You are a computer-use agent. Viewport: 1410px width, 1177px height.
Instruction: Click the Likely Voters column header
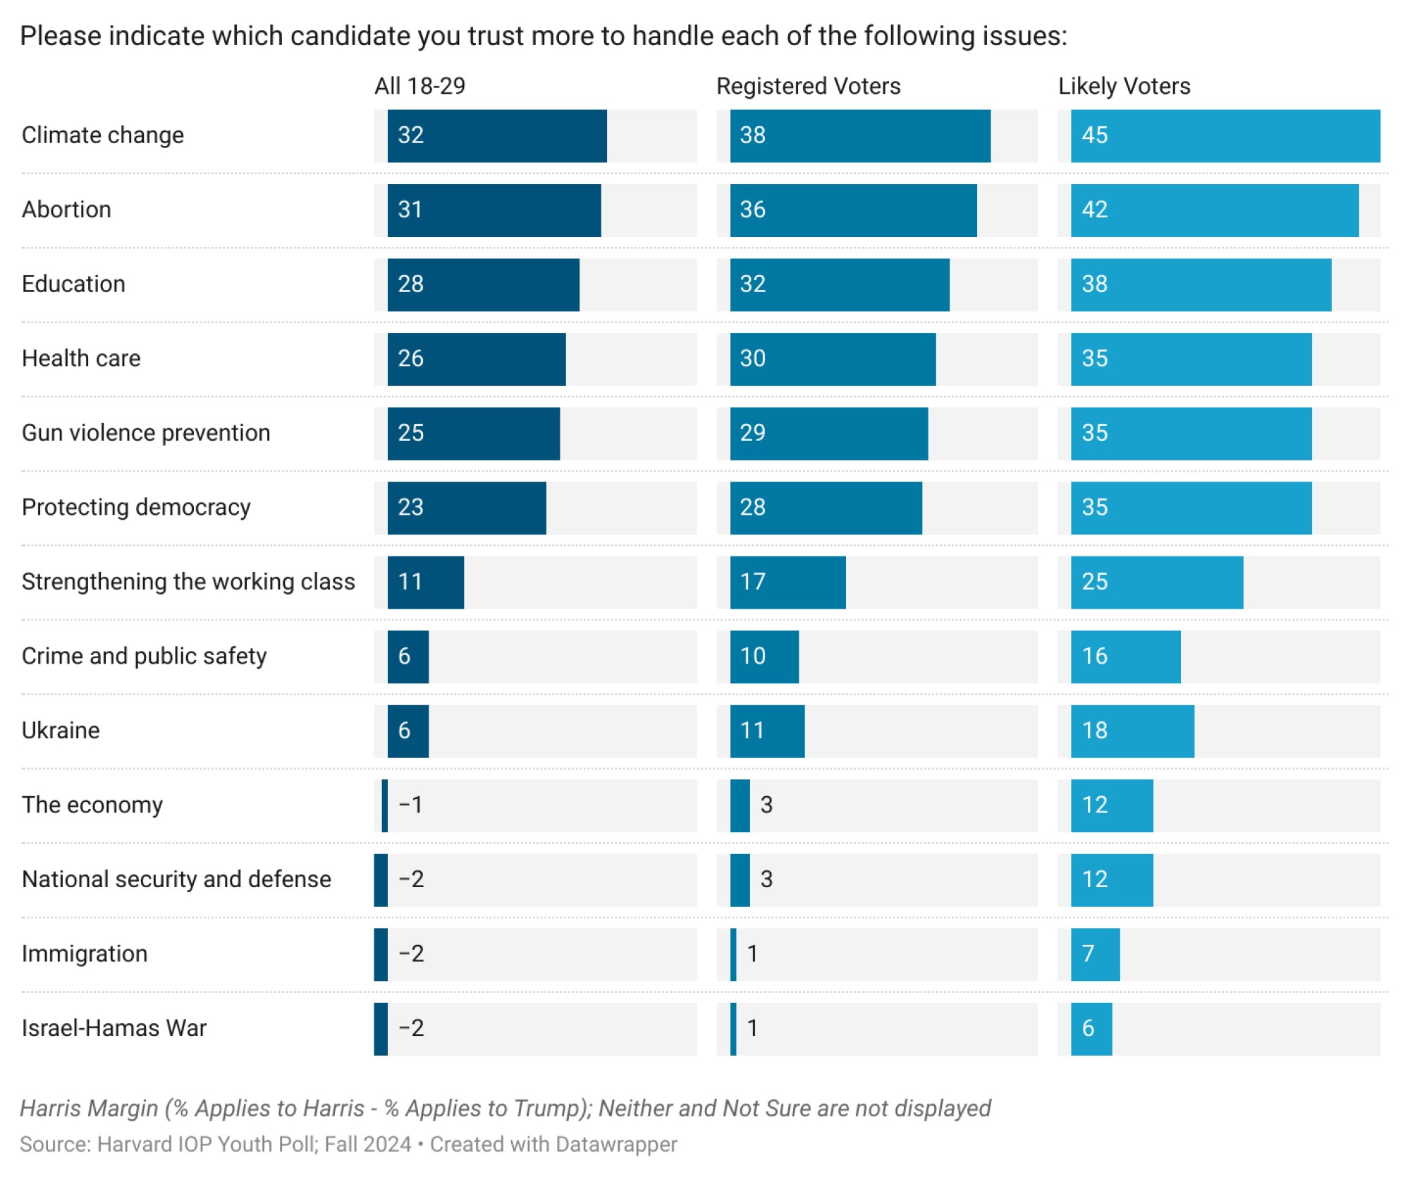point(1124,86)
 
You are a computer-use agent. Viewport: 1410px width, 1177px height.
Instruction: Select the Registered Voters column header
point(808,86)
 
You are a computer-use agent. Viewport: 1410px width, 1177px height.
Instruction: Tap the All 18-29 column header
point(419,86)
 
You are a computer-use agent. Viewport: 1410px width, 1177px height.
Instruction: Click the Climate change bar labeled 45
point(1225,135)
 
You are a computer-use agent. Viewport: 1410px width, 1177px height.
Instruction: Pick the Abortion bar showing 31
point(493,210)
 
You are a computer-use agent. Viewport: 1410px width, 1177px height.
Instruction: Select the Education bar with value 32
point(839,284)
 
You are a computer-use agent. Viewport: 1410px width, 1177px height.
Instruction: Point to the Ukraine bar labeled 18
point(1132,731)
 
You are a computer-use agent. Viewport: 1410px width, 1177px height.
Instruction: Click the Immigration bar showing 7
point(1095,954)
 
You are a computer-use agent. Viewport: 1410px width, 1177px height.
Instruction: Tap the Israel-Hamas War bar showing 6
point(1091,1028)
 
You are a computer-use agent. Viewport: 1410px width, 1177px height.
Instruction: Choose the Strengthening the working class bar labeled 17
point(787,582)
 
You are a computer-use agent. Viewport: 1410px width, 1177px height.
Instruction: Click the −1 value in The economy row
point(410,805)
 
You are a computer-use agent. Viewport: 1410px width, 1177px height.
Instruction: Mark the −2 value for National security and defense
point(411,879)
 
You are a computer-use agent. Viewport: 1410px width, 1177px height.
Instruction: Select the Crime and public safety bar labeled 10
point(764,657)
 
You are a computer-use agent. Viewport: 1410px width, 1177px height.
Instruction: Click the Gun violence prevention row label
point(146,433)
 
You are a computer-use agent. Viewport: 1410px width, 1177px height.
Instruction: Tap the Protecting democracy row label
point(136,507)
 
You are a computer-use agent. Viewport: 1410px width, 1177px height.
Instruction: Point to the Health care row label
point(81,358)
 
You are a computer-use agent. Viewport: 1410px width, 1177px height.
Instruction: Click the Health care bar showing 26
point(476,358)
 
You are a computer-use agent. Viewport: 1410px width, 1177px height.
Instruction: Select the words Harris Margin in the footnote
point(89,1108)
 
